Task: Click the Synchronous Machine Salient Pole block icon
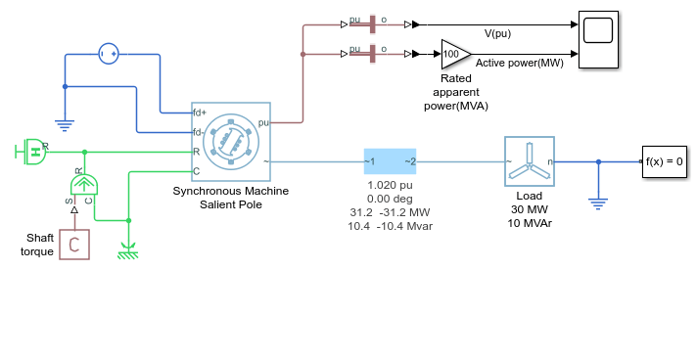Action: click(231, 142)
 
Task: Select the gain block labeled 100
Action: click(456, 54)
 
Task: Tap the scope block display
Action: click(598, 39)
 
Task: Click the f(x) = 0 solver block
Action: click(664, 161)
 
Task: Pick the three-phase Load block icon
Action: click(530, 161)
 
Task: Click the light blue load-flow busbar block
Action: click(391, 161)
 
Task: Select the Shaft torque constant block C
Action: click(74, 245)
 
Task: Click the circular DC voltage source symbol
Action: click(109, 54)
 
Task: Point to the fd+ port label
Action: click(199, 112)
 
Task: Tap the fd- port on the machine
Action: click(198, 132)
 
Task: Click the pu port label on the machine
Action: click(263, 122)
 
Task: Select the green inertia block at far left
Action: click(32, 152)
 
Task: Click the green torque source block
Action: click(84, 184)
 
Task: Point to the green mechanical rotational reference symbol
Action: click(128, 251)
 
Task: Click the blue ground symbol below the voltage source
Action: click(65, 125)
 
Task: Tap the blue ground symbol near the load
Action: click(598, 204)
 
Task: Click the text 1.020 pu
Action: click(390, 185)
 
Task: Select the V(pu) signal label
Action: click(497, 34)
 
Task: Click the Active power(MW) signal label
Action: click(520, 64)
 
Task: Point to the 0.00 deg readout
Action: click(390, 199)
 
